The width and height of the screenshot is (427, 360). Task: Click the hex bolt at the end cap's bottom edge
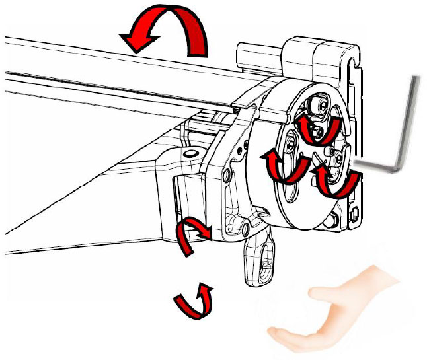(334, 217)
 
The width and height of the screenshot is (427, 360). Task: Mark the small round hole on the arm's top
(192, 154)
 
